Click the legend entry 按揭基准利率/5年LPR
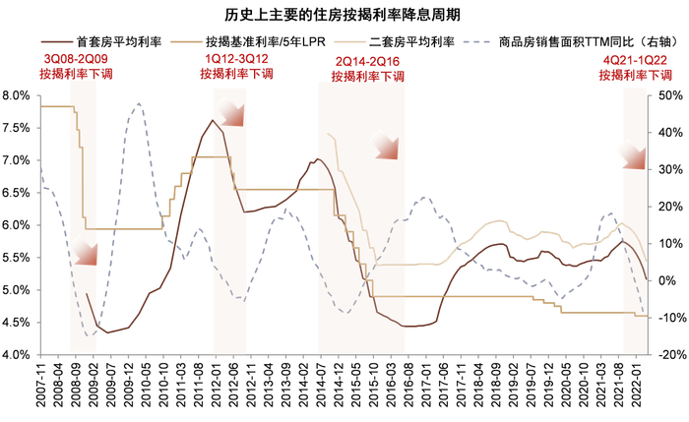coord(258,42)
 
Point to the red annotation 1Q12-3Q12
coord(232,61)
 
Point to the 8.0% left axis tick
coord(20,95)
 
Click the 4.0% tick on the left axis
coord(20,355)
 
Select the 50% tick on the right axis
coord(665,95)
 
